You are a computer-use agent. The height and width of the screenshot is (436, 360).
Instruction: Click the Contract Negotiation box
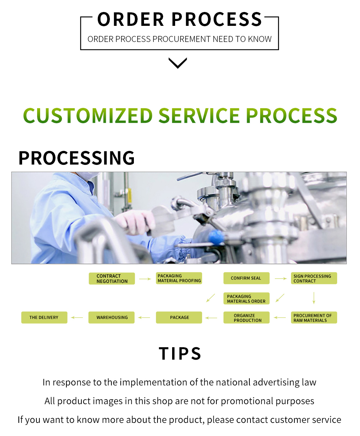(x=112, y=278)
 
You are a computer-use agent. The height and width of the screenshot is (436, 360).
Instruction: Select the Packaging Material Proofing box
(x=179, y=278)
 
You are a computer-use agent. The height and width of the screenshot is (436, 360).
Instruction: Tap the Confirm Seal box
(x=246, y=278)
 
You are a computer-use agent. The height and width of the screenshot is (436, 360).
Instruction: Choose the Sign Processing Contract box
(x=314, y=278)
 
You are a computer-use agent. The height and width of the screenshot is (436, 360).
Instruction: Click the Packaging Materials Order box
(x=246, y=299)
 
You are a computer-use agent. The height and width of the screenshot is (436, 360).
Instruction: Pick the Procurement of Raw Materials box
(x=314, y=318)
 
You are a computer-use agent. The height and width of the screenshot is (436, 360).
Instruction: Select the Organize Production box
(x=246, y=318)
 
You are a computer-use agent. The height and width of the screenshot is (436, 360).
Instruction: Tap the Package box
(x=179, y=318)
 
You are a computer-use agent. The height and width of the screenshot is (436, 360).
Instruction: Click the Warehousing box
(x=112, y=318)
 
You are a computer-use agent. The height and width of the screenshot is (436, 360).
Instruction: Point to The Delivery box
(x=44, y=318)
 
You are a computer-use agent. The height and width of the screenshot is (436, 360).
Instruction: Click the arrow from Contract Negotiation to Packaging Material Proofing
(x=145, y=279)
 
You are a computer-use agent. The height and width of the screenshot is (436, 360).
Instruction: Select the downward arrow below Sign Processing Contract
(x=314, y=298)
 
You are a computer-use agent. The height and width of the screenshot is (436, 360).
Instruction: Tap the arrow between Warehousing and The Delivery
(x=77, y=318)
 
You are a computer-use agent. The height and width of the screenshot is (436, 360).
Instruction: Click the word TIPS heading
(x=180, y=354)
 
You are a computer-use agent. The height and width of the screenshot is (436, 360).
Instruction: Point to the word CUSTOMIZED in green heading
(x=88, y=116)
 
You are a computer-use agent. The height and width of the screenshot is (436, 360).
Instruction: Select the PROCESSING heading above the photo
(x=76, y=158)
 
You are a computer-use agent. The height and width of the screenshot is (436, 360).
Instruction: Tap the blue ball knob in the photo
(x=216, y=237)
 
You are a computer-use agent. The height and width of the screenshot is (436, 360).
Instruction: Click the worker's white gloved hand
(x=136, y=222)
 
